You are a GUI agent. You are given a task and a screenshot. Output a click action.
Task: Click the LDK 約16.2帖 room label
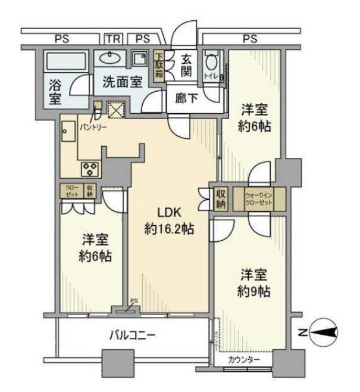pos(170,220)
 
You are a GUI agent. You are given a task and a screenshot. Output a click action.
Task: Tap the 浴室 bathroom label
pos(54,92)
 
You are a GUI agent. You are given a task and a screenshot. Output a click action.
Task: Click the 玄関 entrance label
pos(186,65)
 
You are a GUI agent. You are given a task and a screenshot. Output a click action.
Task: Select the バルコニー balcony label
pos(132,335)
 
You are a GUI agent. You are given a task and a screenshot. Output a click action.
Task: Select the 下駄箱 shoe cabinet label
pos(159,66)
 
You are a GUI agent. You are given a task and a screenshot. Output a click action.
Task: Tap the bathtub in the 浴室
pos(66,61)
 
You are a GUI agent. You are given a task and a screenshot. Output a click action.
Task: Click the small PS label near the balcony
pos(134,302)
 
